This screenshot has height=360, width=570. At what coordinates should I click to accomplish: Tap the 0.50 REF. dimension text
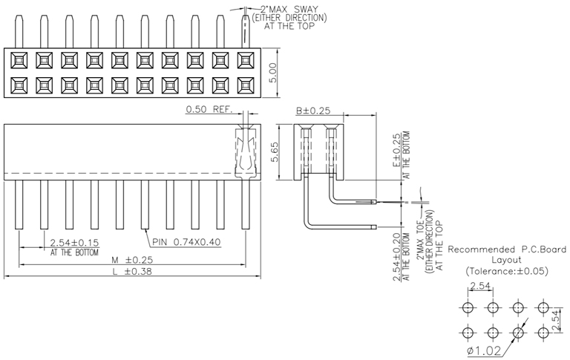209,109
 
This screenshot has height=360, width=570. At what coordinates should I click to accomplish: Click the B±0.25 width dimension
312,111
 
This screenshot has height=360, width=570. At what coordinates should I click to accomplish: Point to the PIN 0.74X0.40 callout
186,242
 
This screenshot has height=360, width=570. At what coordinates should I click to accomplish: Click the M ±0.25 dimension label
131,261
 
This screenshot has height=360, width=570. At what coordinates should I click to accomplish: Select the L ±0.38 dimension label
131,272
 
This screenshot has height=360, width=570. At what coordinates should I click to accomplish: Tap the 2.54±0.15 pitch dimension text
74,243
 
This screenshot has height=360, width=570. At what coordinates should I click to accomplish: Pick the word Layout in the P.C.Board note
507,261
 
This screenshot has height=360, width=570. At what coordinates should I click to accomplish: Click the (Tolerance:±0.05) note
507,272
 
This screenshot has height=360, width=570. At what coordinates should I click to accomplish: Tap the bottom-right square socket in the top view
245,83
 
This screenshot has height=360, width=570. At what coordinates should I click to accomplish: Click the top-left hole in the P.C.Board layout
468,307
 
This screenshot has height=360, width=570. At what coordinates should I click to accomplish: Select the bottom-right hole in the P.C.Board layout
543,333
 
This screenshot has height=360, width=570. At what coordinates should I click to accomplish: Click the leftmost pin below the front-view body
19,204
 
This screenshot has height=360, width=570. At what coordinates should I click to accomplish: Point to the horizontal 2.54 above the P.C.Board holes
479,286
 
